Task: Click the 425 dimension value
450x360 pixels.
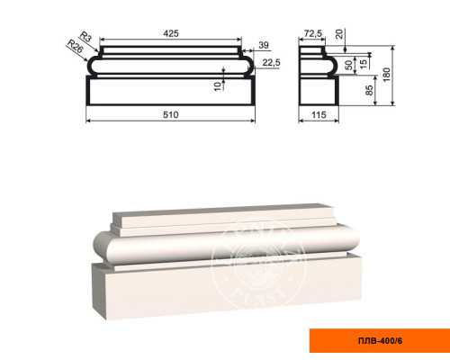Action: pyautogui.click(x=171, y=33)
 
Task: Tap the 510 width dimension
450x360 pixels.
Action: pyautogui.click(x=171, y=114)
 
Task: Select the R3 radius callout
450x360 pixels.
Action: pyautogui.click(x=85, y=37)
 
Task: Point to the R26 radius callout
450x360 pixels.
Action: pyautogui.click(x=75, y=46)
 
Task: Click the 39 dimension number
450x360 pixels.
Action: pyautogui.click(x=264, y=45)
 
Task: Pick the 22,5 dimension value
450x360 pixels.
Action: pyautogui.click(x=271, y=63)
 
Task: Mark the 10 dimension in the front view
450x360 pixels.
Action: pyautogui.click(x=218, y=85)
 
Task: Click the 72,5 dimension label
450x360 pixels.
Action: pyautogui.click(x=313, y=33)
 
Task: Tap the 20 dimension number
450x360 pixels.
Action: pyautogui.click(x=339, y=34)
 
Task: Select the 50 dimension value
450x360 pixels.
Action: pyautogui.click(x=348, y=65)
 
